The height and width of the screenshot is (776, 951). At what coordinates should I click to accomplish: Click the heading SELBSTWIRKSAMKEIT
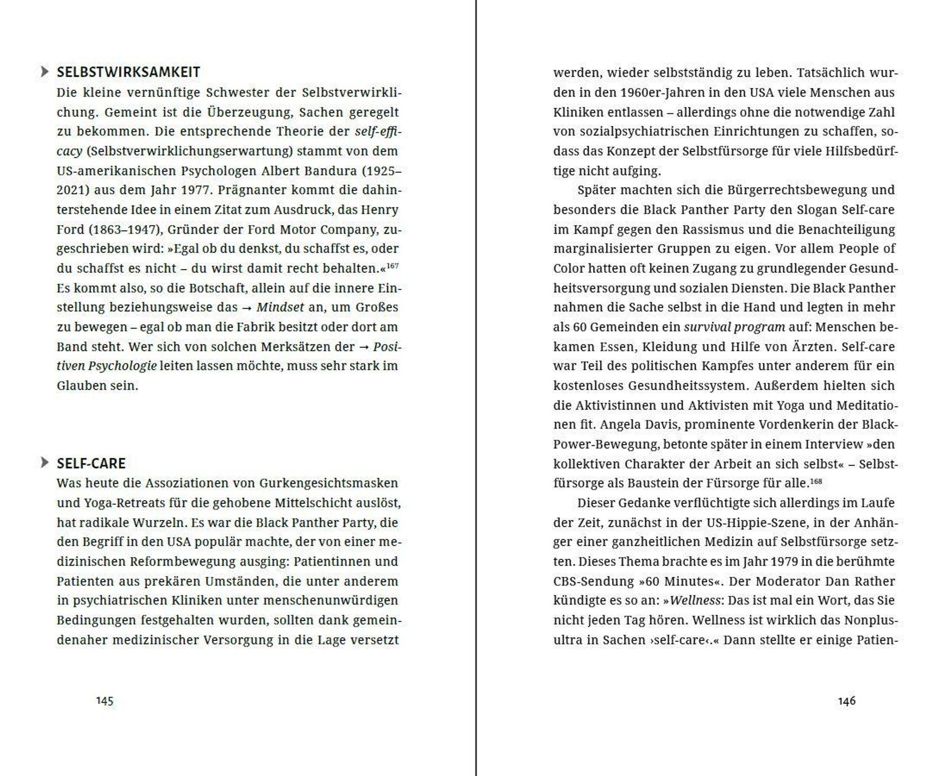click(128, 73)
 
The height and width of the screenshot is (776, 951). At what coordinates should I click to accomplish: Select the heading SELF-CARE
click(91, 464)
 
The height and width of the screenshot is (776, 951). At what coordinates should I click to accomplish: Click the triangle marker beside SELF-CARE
click(44, 463)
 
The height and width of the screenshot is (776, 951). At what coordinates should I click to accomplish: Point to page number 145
click(105, 701)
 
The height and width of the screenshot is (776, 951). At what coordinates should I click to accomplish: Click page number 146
click(846, 701)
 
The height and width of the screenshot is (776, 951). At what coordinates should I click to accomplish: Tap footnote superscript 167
click(392, 266)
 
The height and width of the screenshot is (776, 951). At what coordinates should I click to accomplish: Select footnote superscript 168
click(815, 482)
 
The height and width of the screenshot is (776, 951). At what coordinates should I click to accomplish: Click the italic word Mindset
click(280, 308)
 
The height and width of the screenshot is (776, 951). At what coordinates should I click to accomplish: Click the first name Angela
click(618, 424)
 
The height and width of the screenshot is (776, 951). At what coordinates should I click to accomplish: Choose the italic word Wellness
click(695, 601)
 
